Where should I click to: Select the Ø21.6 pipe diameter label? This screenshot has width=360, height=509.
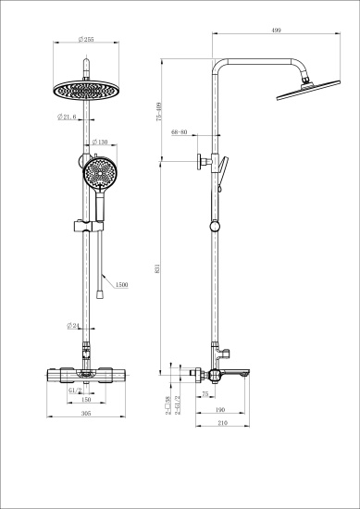pos(67,117)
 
